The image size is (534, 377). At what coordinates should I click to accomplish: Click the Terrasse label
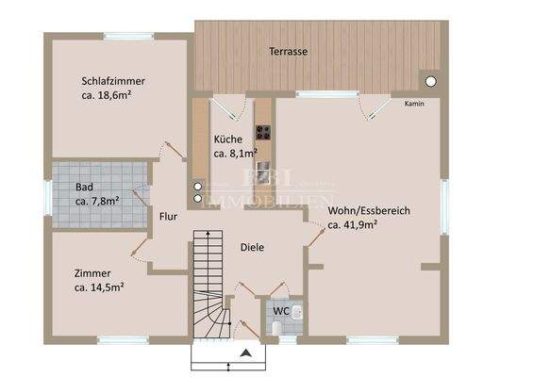(x=289, y=51)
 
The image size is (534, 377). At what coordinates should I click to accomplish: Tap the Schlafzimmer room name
(x=113, y=81)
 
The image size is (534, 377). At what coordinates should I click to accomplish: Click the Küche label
(x=227, y=139)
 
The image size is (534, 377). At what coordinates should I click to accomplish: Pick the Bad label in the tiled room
(x=84, y=187)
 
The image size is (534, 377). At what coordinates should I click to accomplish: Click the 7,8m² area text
(x=97, y=201)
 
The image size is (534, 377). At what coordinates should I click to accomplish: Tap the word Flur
(x=168, y=216)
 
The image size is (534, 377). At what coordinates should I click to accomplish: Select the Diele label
(x=251, y=248)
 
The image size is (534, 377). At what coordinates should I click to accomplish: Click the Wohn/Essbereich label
(x=368, y=211)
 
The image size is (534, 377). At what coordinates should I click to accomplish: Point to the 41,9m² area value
(x=353, y=225)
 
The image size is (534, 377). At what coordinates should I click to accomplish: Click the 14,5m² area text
(x=100, y=287)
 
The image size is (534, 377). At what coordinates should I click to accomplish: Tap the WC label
(x=281, y=310)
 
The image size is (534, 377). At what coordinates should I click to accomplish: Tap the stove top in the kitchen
(x=263, y=133)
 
